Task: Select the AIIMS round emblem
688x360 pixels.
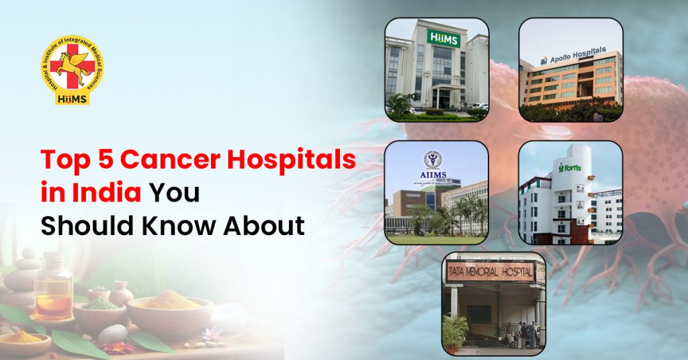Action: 433,159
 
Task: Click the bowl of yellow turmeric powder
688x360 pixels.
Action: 164,306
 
